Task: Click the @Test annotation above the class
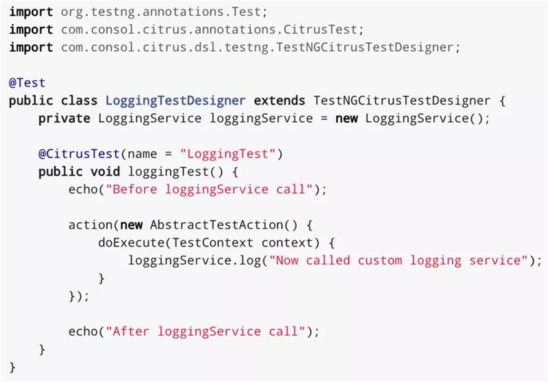27,83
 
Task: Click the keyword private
64,118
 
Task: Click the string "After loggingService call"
205,331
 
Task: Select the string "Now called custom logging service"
398,260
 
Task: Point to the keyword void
105,171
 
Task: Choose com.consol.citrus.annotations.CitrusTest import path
212,30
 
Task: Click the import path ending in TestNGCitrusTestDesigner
260,48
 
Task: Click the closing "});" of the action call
79,296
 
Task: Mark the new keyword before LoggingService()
346,118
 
